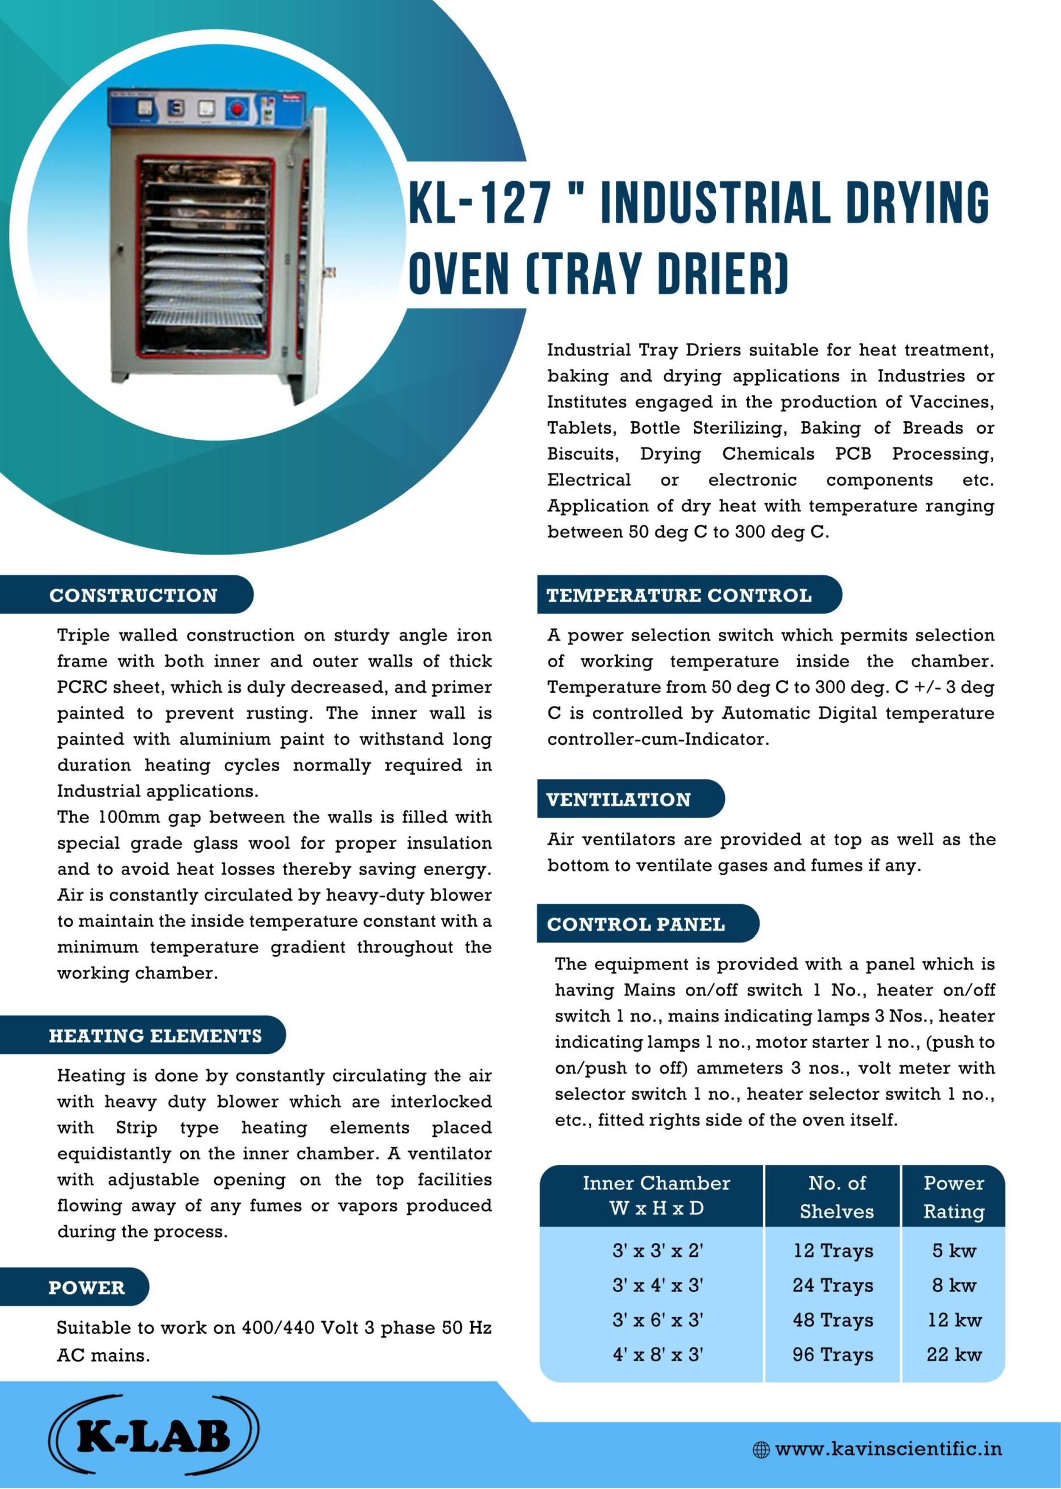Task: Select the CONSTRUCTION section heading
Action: point(133,595)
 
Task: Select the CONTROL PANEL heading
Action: point(636,924)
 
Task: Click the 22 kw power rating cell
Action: point(953,1354)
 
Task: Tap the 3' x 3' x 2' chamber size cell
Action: point(657,1250)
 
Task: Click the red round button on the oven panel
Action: point(237,109)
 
